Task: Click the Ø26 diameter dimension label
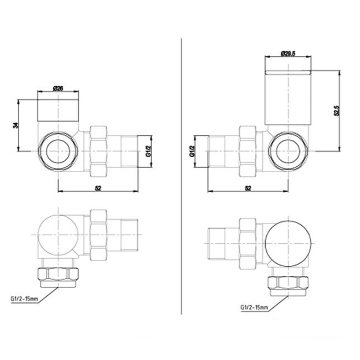58,87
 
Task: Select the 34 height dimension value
15,125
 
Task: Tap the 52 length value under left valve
98,188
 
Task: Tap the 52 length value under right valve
248,188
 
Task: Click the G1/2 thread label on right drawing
192,151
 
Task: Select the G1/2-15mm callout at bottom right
254,308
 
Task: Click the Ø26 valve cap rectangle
58,110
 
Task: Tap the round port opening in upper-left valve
58,151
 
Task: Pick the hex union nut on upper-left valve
98,151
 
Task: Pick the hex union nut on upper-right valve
248,151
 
